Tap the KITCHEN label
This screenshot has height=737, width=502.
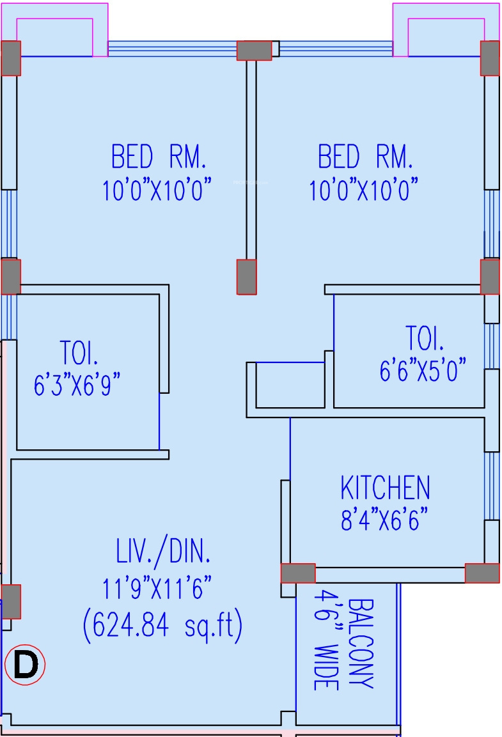(385, 488)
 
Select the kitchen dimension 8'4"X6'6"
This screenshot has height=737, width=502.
(384, 519)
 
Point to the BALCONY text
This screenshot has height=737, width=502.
(363, 643)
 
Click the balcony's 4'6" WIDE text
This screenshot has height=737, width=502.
(326, 639)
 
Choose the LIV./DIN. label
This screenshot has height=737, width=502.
(163, 551)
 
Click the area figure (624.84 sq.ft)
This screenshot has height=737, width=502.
(162, 626)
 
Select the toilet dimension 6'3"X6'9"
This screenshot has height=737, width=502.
(77, 386)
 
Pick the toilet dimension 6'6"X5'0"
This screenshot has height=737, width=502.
(423, 371)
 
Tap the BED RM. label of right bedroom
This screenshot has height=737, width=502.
(365, 157)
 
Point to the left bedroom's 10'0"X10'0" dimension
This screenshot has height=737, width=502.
(157, 190)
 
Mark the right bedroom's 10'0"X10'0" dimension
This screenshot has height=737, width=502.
(364, 190)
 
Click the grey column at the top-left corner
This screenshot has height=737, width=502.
(11, 58)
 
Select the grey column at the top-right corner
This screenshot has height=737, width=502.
(490, 58)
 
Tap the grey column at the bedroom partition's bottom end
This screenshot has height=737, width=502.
(247, 277)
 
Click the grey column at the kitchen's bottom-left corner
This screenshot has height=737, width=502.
(298, 573)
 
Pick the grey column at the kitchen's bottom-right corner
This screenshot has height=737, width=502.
(482, 573)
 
